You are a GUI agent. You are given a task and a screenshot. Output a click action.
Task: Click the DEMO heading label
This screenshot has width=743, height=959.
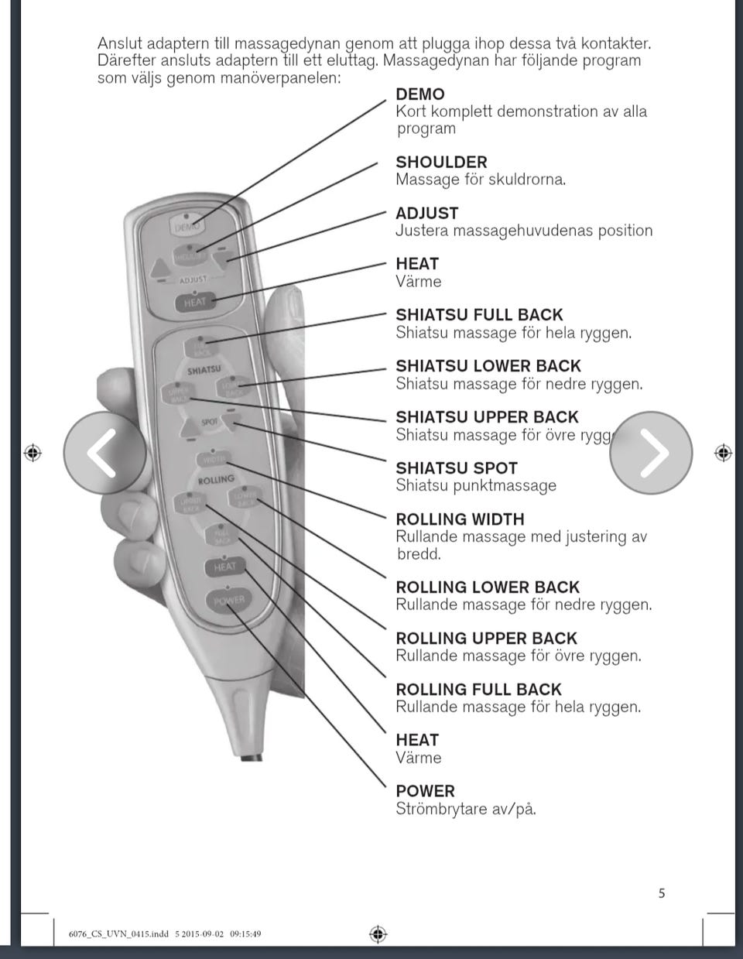pyautogui.click(x=419, y=94)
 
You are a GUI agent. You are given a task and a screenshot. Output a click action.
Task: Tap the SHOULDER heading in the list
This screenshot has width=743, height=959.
pyautogui.click(x=441, y=163)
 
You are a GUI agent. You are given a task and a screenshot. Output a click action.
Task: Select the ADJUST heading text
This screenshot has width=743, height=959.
pyautogui.click(x=426, y=214)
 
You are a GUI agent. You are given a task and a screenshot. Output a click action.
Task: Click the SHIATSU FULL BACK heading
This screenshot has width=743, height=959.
pyautogui.click(x=479, y=315)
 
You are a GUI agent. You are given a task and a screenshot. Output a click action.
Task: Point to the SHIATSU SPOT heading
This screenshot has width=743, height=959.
pyautogui.click(x=456, y=468)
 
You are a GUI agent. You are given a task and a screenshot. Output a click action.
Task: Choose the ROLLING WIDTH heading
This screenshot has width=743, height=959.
pyautogui.click(x=460, y=519)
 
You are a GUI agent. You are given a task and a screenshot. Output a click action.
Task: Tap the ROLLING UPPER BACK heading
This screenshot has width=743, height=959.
pyautogui.click(x=486, y=639)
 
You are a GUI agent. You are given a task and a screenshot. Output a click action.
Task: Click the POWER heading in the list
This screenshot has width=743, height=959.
pyautogui.click(x=425, y=791)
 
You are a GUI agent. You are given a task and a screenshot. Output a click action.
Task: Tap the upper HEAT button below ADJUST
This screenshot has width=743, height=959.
pyautogui.click(x=195, y=303)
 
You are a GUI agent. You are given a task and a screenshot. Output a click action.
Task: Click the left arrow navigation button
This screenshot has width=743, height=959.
pyautogui.click(x=104, y=453)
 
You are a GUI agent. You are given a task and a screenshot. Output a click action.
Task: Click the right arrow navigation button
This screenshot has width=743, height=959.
pyautogui.click(x=651, y=453)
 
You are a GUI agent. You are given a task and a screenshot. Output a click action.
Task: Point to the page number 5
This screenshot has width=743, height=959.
pyautogui.click(x=662, y=893)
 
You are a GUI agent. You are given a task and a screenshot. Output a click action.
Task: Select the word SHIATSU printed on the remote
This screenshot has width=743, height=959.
pyautogui.click(x=204, y=370)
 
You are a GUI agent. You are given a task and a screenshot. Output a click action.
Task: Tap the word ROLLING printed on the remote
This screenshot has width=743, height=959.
pyautogui.click(x=216, y=480)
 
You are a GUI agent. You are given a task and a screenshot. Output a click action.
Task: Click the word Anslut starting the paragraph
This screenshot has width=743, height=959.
pyautogui.click(x=120, y=44)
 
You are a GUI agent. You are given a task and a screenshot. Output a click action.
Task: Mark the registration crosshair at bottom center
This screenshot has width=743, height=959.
pyautogui.click(x=378, y=933)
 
